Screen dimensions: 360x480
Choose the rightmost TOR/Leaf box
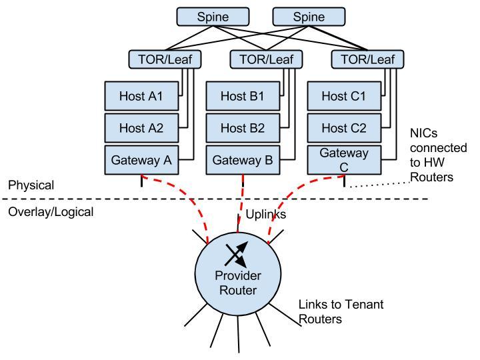(x=367, y=59)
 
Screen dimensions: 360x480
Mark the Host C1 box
(x=344, y=96)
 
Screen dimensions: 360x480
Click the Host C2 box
(x=344, y=127)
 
